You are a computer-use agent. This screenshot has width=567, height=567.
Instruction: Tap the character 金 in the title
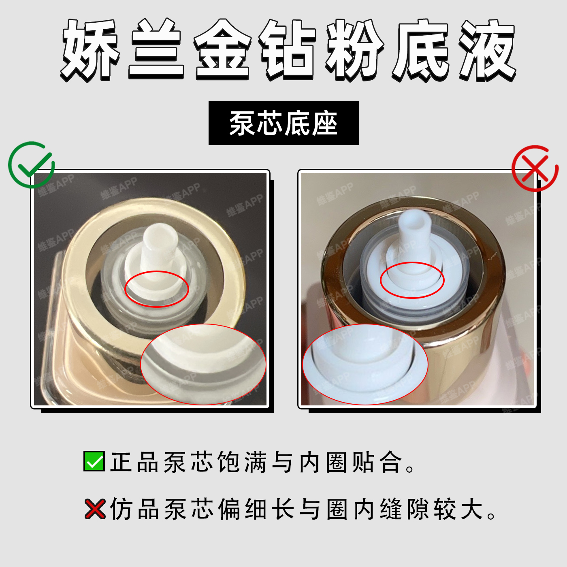[x=222, y=50]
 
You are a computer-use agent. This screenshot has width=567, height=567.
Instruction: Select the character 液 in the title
[x=487, y=50]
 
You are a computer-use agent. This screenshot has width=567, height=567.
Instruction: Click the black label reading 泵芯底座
[x=283, y=123]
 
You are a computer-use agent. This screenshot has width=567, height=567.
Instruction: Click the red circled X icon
[x=535, y=168]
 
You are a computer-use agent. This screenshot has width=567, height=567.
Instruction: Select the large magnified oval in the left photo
[x=203, y=364]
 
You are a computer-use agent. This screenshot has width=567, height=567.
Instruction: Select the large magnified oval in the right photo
[x=365, y=364]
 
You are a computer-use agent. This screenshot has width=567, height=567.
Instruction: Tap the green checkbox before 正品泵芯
[x=94, y=461]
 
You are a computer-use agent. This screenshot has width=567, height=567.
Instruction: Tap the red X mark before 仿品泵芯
[x=95, y=509]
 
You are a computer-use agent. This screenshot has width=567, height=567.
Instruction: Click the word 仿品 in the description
[x=134, y=509]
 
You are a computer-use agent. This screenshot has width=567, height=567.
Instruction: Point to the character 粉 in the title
[x=355, y=50]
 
